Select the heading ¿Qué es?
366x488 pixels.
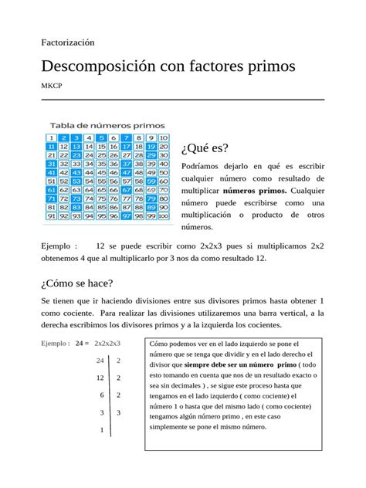click(204, 147)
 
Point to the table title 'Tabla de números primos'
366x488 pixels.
click(107, 124)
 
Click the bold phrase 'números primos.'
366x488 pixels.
click(254, 190)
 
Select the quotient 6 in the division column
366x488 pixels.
click(100, 395)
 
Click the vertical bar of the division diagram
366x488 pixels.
click(111, 394)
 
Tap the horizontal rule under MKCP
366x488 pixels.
click(182, 100)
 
